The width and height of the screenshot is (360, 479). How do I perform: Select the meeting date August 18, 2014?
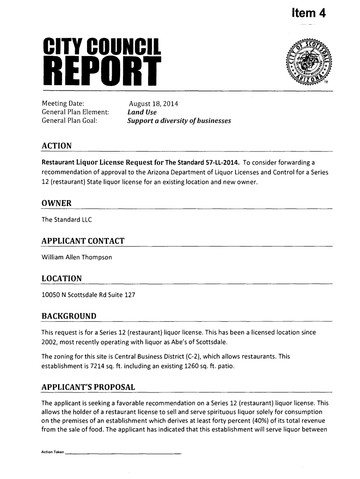[151, 103]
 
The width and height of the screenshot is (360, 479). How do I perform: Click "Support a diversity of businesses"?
[180, 121]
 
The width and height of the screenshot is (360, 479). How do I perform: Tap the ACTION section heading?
[57, 146]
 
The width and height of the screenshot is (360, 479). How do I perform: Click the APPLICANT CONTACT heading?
[83, 241]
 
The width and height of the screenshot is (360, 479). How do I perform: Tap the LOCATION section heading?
[62, 279]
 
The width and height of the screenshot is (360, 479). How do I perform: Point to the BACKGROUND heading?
[69, 317]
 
